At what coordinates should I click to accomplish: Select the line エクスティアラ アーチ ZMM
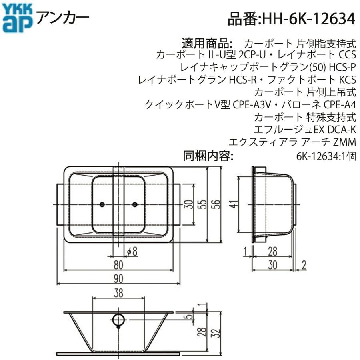pyautogui.click(x=292, y=142)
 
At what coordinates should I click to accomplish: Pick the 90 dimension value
pyautogui.click(x=118, y=278)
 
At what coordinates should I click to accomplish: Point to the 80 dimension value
pyautogui.click(x=118, y=265)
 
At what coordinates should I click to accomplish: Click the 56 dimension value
pyautogui.click(x=216, y=204)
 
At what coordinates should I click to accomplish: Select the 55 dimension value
pyautogui.click(x=203, y=204)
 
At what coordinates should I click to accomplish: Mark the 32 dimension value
pyautogui.click(x=216, y=332)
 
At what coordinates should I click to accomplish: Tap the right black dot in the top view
pyautogui.click(x=135, y=204)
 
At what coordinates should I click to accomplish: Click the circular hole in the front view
pyautogui.click(x=118, y=319)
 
